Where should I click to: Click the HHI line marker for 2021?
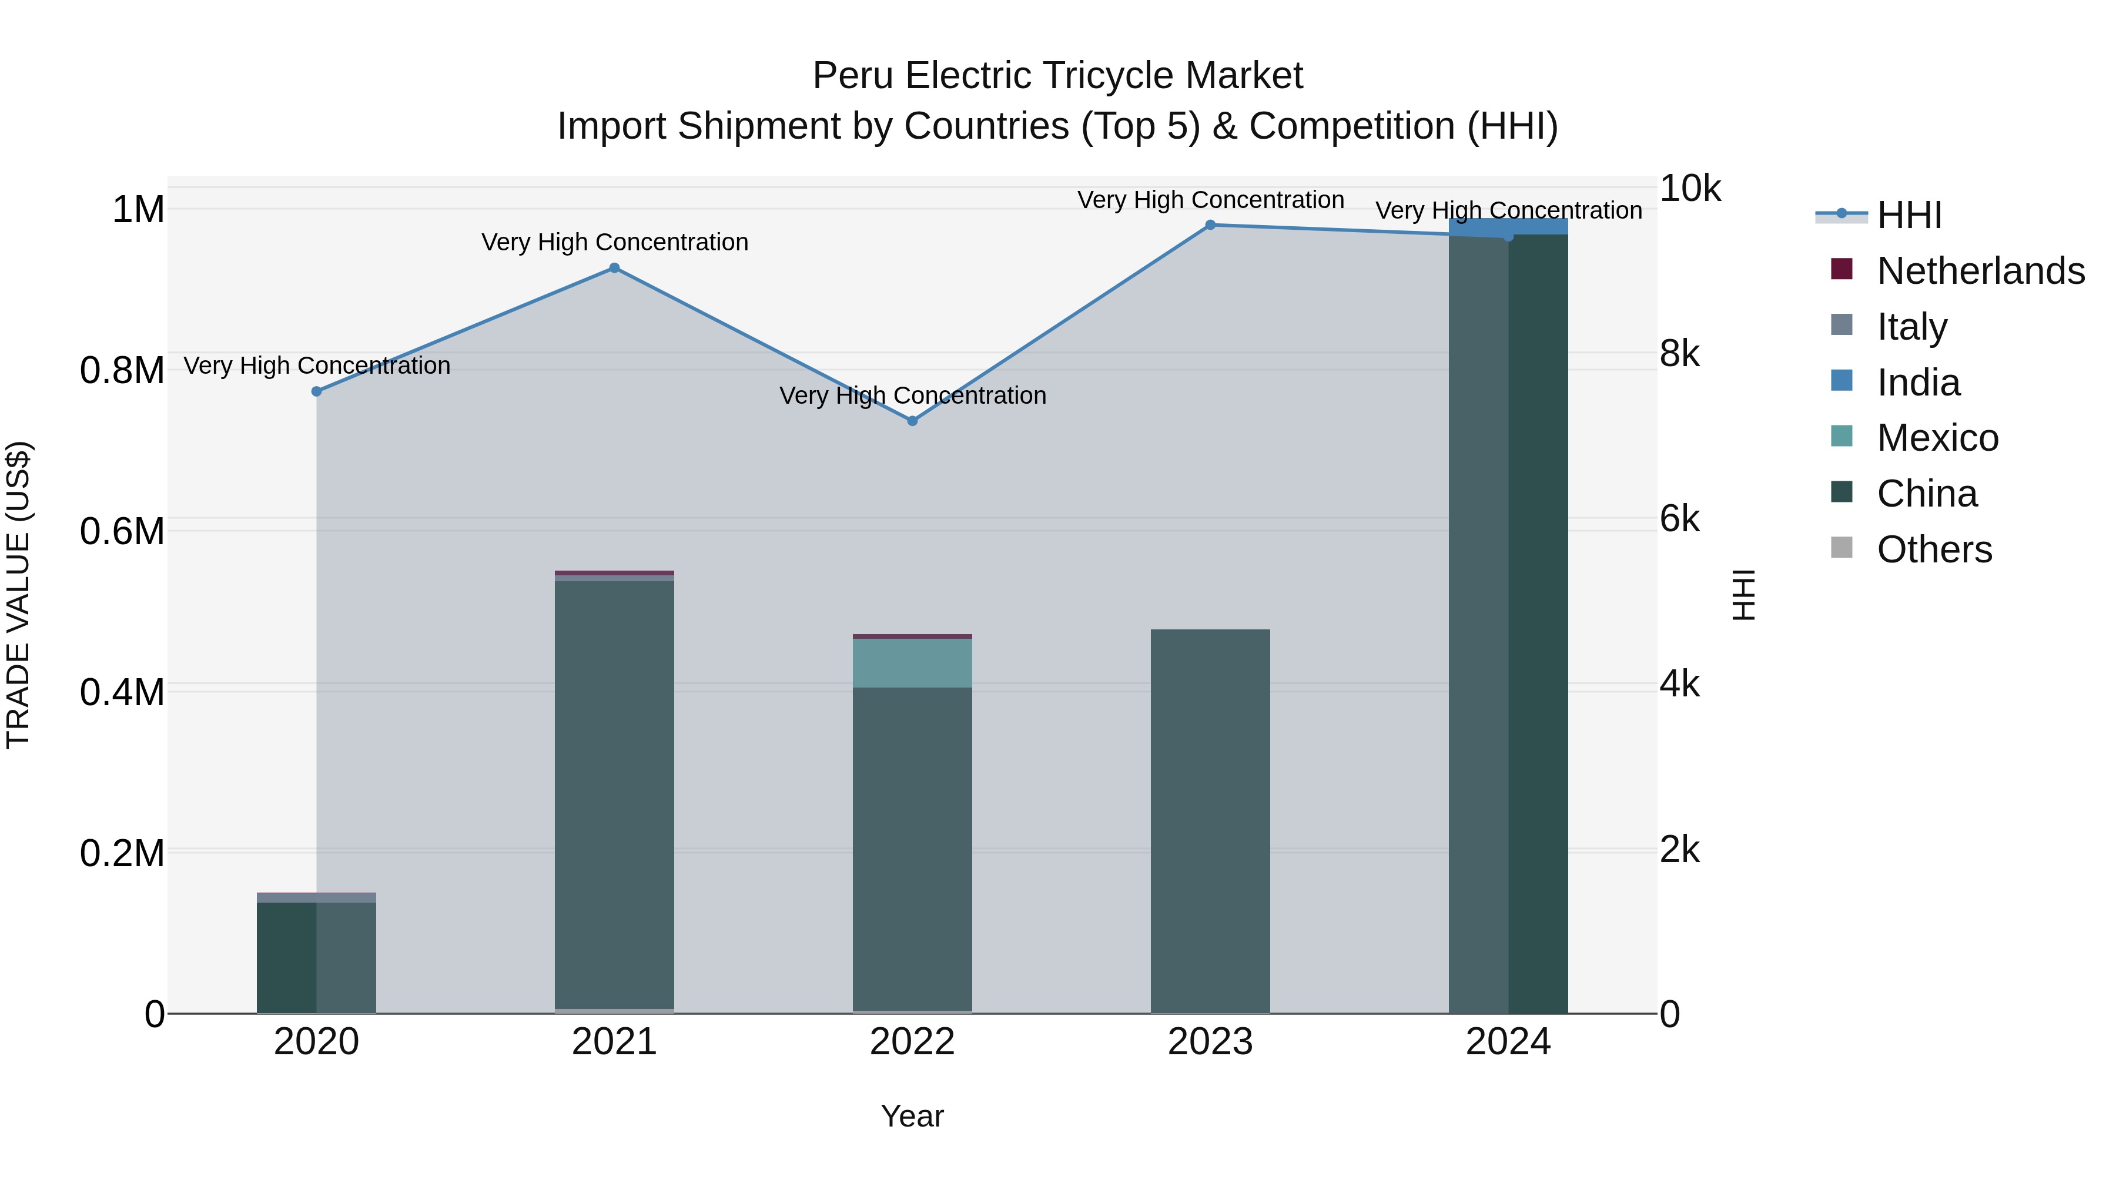click(x=614, y=268)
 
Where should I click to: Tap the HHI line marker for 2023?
click(x=1210, y=225)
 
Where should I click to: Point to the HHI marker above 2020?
click(x=316, y=392)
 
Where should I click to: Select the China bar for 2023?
click(x=1210, y=822)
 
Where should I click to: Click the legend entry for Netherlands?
click(x=1980, y=271)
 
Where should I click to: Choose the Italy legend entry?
click(x=1911, y=327)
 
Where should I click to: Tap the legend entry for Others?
click(x=1934, y=549)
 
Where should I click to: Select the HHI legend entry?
click(x=1909, y=215)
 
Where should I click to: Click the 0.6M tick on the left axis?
click(x=122, y=531)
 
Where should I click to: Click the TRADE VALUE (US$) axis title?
click(x=18, y=595)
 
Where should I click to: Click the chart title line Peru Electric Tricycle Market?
click(x=1057, y=76)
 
